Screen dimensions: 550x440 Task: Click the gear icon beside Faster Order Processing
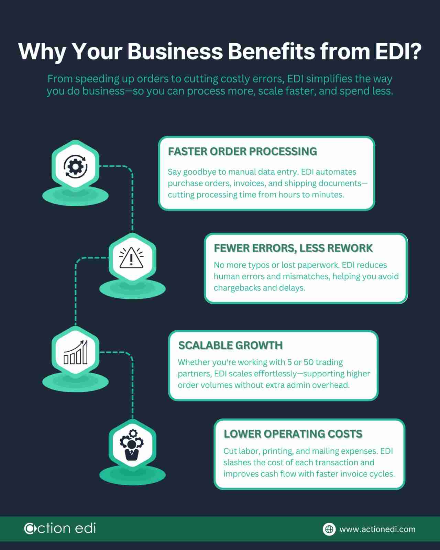click(76, 166)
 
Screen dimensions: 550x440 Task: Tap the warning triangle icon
click(131, 258)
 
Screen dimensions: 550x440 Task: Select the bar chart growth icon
click(76, 352)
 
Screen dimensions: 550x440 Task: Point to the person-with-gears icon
click(131, 444)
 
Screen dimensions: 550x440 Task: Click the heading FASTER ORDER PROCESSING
click(242, 152)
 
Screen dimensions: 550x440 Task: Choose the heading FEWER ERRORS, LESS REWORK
click(293, 248)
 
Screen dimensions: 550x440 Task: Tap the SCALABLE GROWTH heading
click(230, 345)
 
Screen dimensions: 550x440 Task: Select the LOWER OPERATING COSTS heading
click(293, 434)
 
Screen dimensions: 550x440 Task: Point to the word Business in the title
click(175, 52)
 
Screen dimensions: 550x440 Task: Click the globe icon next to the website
click(329, 529)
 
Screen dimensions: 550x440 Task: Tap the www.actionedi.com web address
click(377, 529)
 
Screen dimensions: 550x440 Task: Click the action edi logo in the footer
click(60, 528)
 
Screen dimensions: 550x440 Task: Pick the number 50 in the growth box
click(308, 362)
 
